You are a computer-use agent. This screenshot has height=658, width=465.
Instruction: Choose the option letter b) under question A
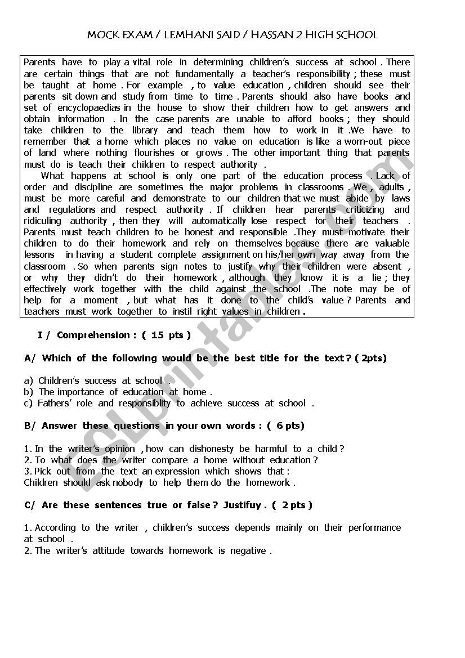tap(29, 392)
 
